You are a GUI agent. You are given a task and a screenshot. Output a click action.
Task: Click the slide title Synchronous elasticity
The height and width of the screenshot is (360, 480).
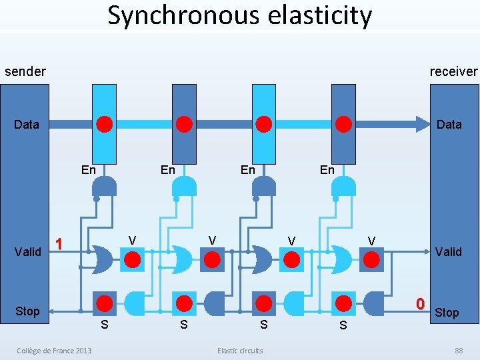click(240, 15)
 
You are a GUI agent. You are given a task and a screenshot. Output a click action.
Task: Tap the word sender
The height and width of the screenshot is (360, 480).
click(25, 71)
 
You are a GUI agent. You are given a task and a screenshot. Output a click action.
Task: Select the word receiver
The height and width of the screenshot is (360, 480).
click(453, 71)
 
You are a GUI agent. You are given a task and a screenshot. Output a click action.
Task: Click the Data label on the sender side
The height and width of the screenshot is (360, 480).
click(27, 125)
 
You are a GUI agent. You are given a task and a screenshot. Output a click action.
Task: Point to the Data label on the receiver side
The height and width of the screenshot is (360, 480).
click(449, 125)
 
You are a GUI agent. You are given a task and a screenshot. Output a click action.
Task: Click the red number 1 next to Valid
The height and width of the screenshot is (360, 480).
click(59, 244)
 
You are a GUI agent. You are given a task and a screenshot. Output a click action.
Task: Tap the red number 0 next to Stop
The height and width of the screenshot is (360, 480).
click(420, 304)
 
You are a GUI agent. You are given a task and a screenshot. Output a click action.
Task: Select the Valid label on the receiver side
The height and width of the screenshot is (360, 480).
click(448, 251)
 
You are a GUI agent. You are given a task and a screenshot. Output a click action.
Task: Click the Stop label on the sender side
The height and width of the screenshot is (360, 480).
click(27, 311)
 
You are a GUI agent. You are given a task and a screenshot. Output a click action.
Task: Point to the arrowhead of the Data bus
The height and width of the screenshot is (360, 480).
click(422, 124)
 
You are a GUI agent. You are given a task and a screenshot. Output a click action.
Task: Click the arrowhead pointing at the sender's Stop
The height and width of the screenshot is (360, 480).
click(53, 311)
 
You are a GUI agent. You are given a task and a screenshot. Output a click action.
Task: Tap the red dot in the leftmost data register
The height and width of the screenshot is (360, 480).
click(105, 124)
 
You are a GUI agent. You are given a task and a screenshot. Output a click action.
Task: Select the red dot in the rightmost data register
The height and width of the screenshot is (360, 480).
click(343, 124)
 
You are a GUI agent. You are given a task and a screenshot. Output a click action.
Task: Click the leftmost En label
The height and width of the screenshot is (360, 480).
click(88, 170)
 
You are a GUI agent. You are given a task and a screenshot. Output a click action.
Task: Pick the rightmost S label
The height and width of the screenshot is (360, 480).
click(343, 325)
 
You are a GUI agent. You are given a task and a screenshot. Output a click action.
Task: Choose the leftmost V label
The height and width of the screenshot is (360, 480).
click(132, 240)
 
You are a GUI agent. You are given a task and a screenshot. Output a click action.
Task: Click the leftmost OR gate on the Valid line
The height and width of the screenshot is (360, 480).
click(101, 259)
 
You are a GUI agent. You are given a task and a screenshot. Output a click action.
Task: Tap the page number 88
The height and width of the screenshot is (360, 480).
click(459, 351)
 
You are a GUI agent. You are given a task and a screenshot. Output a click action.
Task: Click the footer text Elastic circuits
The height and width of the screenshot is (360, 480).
click(240, 351)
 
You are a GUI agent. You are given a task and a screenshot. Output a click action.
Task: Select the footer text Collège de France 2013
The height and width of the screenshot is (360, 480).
click(55, 351)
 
